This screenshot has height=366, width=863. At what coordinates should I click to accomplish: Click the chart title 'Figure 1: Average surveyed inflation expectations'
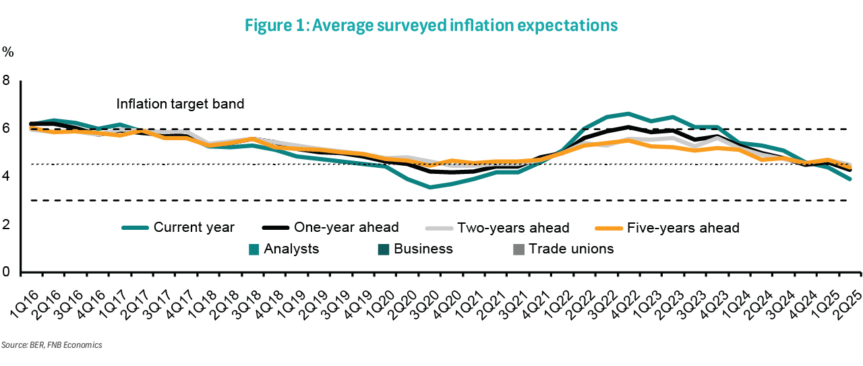point(431,26)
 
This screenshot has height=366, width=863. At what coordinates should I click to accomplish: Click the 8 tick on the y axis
point(7,80)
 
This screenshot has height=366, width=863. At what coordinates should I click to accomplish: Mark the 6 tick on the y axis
point(7,128)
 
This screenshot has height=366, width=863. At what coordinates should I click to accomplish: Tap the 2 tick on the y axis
point(7,224)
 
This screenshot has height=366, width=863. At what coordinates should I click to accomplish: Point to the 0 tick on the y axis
point(7,272)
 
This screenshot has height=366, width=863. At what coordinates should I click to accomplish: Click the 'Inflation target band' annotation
point(180,104)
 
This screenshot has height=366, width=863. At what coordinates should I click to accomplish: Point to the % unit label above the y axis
point(8,51)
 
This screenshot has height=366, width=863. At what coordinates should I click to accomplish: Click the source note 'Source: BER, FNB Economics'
point(51,344)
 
